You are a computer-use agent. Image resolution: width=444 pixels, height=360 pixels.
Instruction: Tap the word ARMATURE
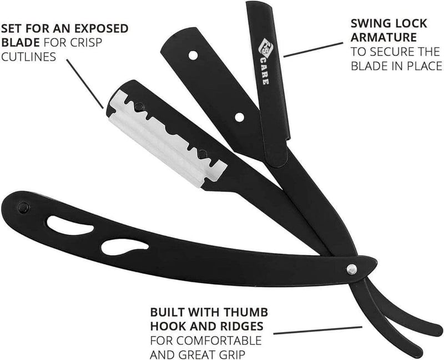(384, 37)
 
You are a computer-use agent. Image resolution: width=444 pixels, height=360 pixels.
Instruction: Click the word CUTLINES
(29, 57)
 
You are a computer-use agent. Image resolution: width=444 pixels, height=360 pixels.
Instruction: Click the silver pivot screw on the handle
(351, 270)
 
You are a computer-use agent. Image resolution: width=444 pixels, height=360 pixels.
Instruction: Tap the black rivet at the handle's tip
(23, 208)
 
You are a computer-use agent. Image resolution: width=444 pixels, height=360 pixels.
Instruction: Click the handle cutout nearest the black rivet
(70, 225)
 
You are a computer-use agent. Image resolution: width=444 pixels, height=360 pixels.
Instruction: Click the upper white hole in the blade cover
(193, 55)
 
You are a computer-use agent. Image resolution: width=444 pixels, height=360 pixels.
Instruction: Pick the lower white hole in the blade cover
(240, 117)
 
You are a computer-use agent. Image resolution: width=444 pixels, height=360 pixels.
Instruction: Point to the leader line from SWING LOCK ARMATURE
(313, 50)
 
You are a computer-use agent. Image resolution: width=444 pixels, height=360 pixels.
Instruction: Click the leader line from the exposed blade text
(85, 84)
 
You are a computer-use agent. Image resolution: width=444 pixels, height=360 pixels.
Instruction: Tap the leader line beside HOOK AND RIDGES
(317, 330)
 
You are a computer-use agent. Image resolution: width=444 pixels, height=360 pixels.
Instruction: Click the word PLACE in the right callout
(425, 66)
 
